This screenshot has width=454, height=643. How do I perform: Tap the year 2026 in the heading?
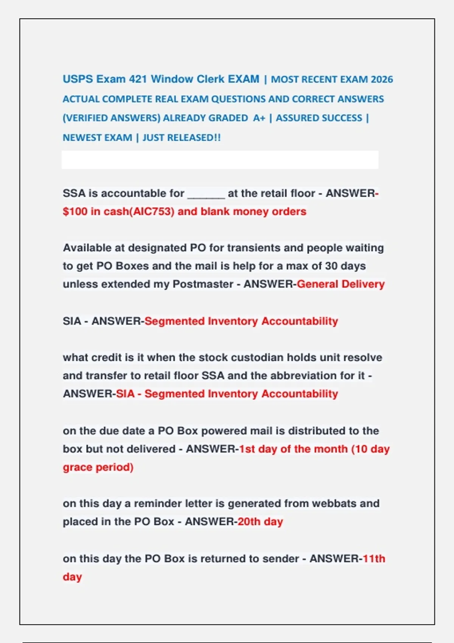pyautogui.click(x=382, y=79)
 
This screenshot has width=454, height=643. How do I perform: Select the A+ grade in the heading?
pyautogui.click(x=259, y=118)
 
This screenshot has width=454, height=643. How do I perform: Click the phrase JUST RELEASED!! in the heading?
pyautogui.click(x=182, y=138)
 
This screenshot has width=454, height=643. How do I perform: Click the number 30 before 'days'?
pyautogui.click(x=331, y=266)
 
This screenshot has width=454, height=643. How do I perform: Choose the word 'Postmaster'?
pyautogui.click(x=203, y=284)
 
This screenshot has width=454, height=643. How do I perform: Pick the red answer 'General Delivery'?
pyautogui.click(x=340, y=284)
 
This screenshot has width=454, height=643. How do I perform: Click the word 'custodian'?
pyautogui.click(x=257, y=357)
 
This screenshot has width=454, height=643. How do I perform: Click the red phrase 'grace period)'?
pyautogui.click(x=98, y=467)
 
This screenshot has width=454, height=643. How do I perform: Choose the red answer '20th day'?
pyautogui.click(x=260, y=522)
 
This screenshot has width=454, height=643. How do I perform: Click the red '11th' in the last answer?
pyautogui.click(x=374, y=559)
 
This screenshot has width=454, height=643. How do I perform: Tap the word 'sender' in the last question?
pyautogui.click(x=280, y=559)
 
